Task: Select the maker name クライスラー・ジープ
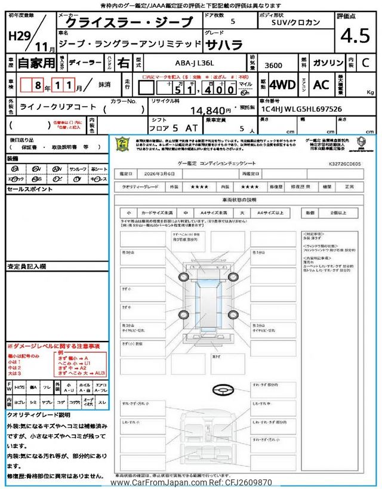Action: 128,23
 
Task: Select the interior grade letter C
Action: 365,63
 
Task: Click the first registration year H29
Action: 21,36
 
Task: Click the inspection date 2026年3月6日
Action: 160,174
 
